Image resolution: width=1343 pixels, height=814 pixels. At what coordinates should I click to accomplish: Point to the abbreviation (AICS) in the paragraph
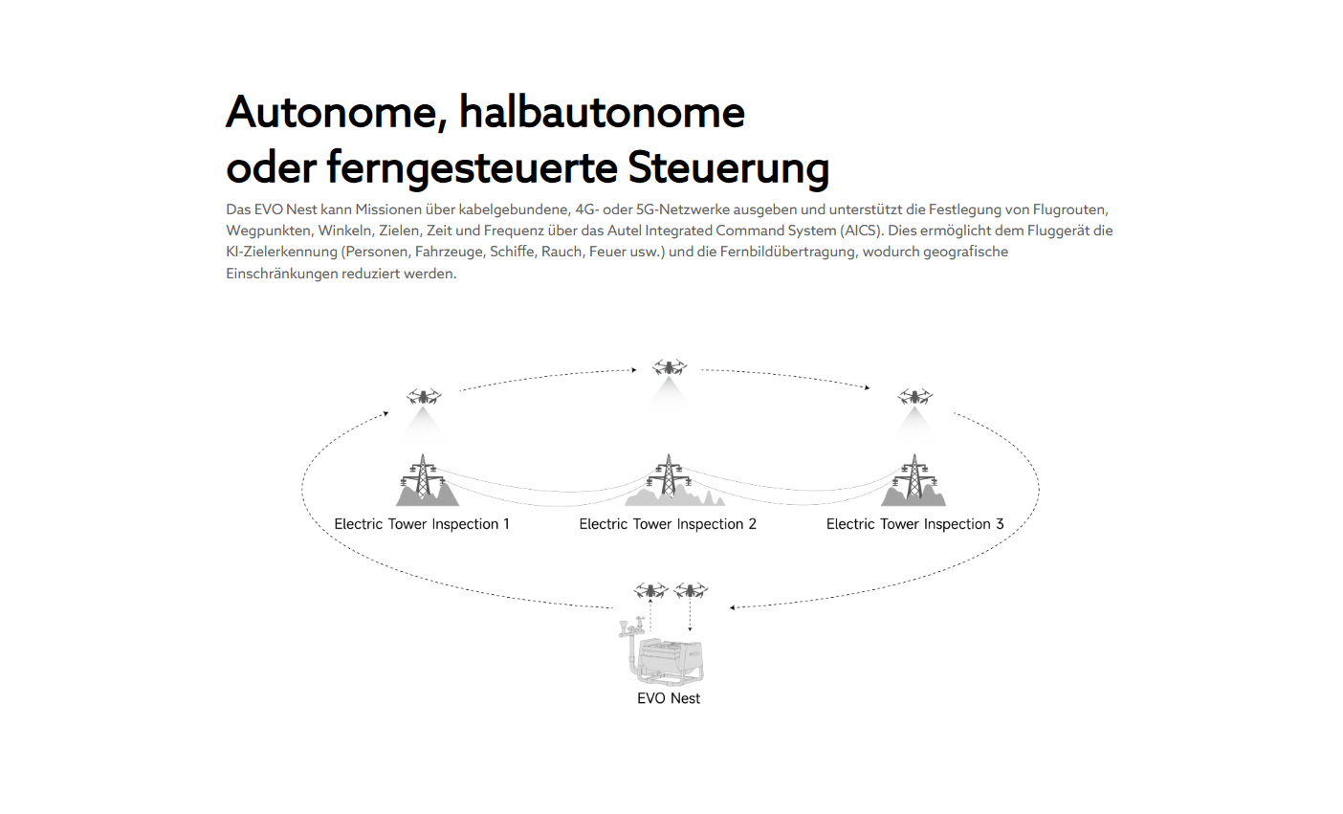coord(862,231)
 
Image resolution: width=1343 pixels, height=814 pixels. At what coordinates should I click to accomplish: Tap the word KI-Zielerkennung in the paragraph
coord(282,252)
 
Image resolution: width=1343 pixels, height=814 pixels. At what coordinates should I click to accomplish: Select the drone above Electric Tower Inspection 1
coord(424,396)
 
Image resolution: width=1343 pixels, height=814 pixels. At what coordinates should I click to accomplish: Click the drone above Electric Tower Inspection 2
coord(669,367)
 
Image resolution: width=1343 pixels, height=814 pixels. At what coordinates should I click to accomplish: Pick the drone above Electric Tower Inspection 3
coord(914,396)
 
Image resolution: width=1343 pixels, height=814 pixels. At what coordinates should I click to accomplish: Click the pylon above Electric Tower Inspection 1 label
coord(424,477)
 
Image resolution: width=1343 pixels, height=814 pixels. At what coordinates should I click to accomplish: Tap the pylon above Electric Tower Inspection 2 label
coord(669,476)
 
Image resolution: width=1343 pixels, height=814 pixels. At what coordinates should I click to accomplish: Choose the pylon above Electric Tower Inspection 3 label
coord(914,477)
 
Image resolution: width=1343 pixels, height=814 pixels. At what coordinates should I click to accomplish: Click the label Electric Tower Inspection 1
coord(422,524)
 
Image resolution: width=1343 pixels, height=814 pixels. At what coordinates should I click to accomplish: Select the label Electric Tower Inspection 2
coord(668,524)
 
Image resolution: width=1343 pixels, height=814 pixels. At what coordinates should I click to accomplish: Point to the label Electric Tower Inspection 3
coord(914,524)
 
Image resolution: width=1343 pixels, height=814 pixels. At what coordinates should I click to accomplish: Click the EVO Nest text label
coord(669,698)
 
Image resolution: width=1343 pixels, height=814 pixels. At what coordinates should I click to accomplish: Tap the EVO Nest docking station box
coord(670,661)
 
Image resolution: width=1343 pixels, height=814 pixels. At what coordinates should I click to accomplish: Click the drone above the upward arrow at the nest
coord(651,590)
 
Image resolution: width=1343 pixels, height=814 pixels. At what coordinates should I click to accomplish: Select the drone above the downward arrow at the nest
coord(691,590)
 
